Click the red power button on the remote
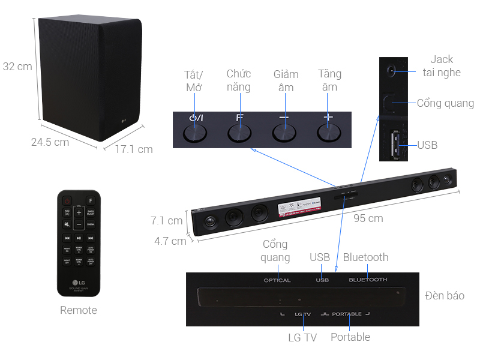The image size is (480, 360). [68, 200]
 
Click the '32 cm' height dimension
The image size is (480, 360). [17, 67]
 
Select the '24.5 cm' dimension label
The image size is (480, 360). [50, 142]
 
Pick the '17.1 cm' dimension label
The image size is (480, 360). [134, 149]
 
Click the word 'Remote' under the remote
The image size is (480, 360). [78, 310]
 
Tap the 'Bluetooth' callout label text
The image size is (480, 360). [365, 257]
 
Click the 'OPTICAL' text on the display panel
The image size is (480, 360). [277, 280]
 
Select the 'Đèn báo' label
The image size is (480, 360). [445, 296]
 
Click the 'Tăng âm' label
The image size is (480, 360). [329, 80]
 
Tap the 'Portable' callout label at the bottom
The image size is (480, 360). [350, 337]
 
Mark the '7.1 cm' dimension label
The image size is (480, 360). [166, 221]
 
